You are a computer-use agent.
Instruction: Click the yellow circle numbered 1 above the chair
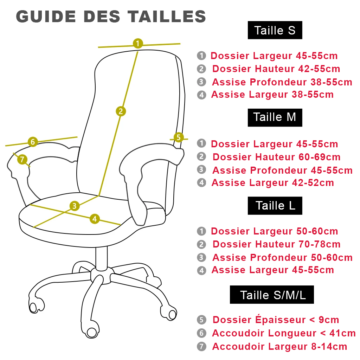pos(138,44)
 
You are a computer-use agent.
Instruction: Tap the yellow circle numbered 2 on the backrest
pos(121,111)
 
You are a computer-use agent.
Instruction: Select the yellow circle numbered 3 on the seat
pos(74,206)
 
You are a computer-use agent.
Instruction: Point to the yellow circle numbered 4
pos(94,219)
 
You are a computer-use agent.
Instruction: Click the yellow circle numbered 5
pos(179,137)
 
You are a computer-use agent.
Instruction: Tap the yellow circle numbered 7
pos(22,160)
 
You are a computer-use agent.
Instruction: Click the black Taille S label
pos(275,30)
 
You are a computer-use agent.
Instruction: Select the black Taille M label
pos(275,117)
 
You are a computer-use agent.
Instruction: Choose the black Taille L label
pos(275,206)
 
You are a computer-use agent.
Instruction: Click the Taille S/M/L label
pos(272,295)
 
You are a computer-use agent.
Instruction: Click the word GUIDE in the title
pos(45,17)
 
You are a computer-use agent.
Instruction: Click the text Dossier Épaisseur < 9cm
pos(276,320)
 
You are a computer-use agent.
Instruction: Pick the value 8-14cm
pos(329,346)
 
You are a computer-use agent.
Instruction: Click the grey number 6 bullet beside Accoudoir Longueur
pos(201,333)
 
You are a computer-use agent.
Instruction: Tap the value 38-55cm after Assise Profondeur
pos(331,82)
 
